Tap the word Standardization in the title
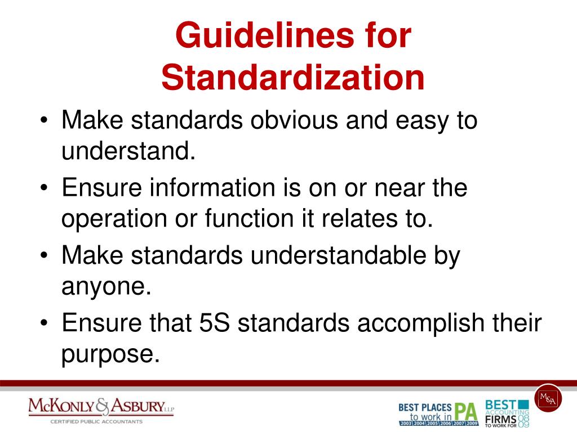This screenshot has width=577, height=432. pos(292,78)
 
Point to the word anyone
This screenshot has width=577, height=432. pos(106,287)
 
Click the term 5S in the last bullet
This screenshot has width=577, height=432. pos(218,323)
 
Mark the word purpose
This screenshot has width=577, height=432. pos(106,354)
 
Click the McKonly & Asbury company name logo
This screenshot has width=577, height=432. pos(101,407)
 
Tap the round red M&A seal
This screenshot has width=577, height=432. pos(548,398)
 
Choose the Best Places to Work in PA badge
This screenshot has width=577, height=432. pos(438,413)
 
